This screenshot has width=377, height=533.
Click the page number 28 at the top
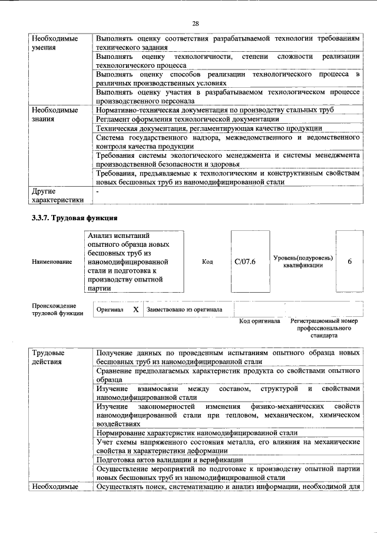point(196,23)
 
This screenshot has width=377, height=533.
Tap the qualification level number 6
point(349,261)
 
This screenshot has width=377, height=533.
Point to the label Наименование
point(52,261)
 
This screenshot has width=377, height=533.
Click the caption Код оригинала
point(259,321)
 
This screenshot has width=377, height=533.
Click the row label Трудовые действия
point(49,357)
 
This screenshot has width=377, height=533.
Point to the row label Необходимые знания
point(55,114)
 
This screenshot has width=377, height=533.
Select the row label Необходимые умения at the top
point(55,42)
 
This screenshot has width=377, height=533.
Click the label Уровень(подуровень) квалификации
point(303,261)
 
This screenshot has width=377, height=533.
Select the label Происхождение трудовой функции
point(54,309)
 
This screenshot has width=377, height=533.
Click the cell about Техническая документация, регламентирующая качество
point(209,128)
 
